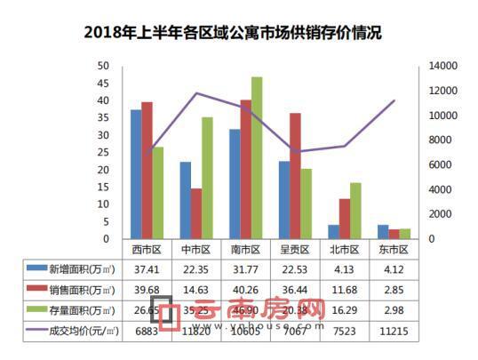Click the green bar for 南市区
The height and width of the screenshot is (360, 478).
(x=257, y=158)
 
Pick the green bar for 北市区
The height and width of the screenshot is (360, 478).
(x=355, y=211)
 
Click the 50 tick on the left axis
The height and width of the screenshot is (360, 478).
(x=104, y=67)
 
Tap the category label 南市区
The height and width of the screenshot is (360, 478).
(x=245, y=250)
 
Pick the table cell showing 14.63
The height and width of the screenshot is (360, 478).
(x=195, y=289)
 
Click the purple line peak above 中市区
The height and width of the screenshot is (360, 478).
(x=196, y=93)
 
